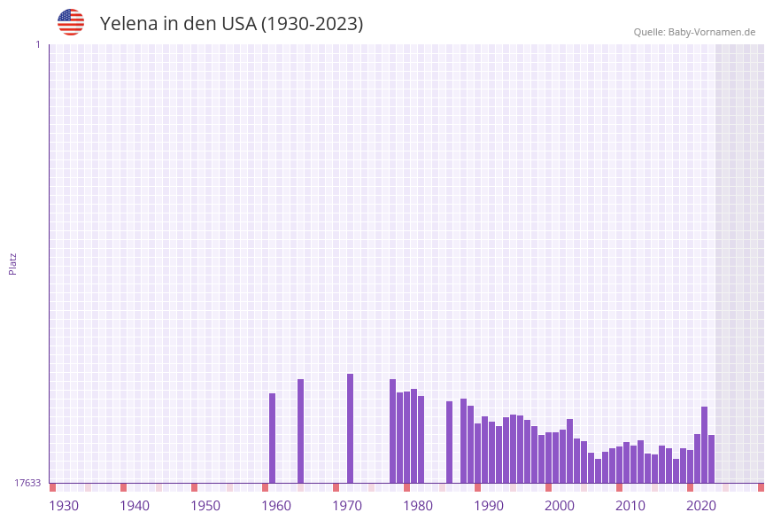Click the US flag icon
point(71,22)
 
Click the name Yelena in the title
point(128,24)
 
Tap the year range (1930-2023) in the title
point(312,24)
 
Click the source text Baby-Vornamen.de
point(711,32)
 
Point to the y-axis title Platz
point(13,263)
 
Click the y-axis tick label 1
point(37,44)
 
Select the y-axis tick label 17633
point(27,483)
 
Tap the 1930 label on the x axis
point(64,506)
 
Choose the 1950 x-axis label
point(205,506)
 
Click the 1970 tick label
point(347,506)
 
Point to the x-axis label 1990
point(489,506)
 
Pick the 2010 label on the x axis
point(630,506)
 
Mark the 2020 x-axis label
point(701,506)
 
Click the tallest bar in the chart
point(350,428)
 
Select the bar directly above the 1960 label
point(272,438)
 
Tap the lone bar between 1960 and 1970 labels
point(300,431)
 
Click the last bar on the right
point(711,458)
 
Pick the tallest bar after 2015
point(704,444)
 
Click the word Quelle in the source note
point(648,32)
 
